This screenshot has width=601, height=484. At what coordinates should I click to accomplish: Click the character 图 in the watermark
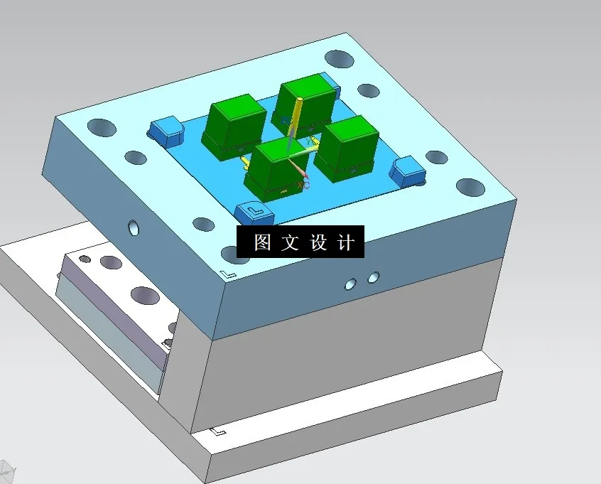tap(262, 242)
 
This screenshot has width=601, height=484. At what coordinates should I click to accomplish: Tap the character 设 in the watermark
tap(318, 242)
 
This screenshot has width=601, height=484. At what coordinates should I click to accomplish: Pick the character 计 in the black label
tap(345, 242)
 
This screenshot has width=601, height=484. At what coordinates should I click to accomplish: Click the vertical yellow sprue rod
tap(297, 121)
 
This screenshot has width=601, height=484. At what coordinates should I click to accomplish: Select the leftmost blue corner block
tap(166, 129)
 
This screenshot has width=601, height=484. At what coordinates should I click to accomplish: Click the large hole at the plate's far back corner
tap(339, 58)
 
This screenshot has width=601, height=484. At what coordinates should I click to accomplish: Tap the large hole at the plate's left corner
tap(102, 128)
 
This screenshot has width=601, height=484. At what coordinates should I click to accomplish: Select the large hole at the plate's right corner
tap(470, 188)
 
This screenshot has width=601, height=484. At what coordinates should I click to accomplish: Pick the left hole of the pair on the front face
tap(351, 284)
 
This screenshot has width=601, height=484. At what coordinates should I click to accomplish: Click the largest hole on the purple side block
tap(144, 295)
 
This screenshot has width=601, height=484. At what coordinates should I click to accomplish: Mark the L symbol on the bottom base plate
tap(219, 431)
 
